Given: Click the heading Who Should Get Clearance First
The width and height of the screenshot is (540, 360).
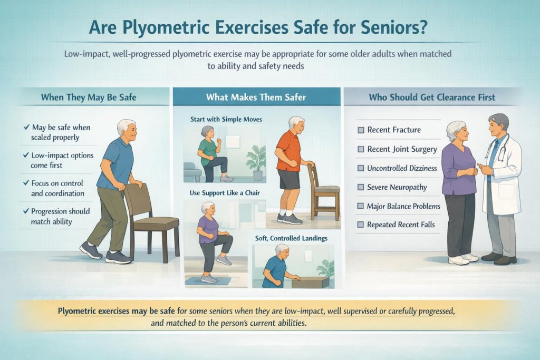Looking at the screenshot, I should click(439, 98).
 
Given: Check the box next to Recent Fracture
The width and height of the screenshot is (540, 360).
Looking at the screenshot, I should click(361, 130).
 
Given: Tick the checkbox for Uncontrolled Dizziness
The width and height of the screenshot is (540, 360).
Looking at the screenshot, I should click(361, 168).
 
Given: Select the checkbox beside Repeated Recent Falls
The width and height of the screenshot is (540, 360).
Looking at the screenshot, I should click(361, 225).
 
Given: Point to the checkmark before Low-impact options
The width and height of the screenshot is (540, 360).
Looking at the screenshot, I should click(26, 155).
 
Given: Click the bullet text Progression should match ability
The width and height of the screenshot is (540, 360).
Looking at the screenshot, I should click(60, 216).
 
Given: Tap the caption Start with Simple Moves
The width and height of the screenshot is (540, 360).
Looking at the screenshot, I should click(226, 120).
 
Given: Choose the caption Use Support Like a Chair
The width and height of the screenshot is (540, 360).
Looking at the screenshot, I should click(225, 193).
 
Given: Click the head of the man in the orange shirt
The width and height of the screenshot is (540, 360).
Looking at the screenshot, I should click(296, 127).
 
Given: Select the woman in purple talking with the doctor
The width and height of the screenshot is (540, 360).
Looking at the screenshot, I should click(458, 184).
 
